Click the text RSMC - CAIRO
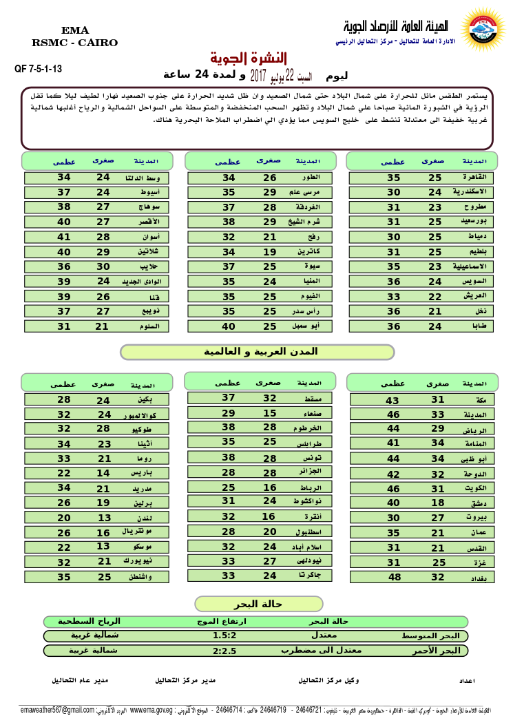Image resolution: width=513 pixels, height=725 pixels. pyautogui.click(x=75, y=43)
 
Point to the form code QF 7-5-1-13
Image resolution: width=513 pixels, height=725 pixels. pyautogui.click(x=39, y=69)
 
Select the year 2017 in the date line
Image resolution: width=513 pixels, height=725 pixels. pyautogui.click(x=259, y=74)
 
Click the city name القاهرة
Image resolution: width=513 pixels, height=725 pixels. pyautogui.click(x=474, y=178)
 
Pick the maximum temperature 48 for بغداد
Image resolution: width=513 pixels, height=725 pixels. pyautogui.click(x=394, y=578)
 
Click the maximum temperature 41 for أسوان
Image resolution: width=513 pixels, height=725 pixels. pyautogui.click(x=64, y=237)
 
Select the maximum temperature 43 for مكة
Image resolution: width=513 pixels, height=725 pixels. pyautogui.click(x=392, y=400)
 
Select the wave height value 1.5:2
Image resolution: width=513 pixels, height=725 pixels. pyautogui.click(x=225, y=635)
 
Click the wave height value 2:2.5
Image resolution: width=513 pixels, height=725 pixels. pyautogui.click(x=225, y=651)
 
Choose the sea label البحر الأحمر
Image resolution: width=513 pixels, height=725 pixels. pyautogui.click(x=440, y=651)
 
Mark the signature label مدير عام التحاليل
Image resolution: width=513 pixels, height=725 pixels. pyautogui.click(x=80, y=680)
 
